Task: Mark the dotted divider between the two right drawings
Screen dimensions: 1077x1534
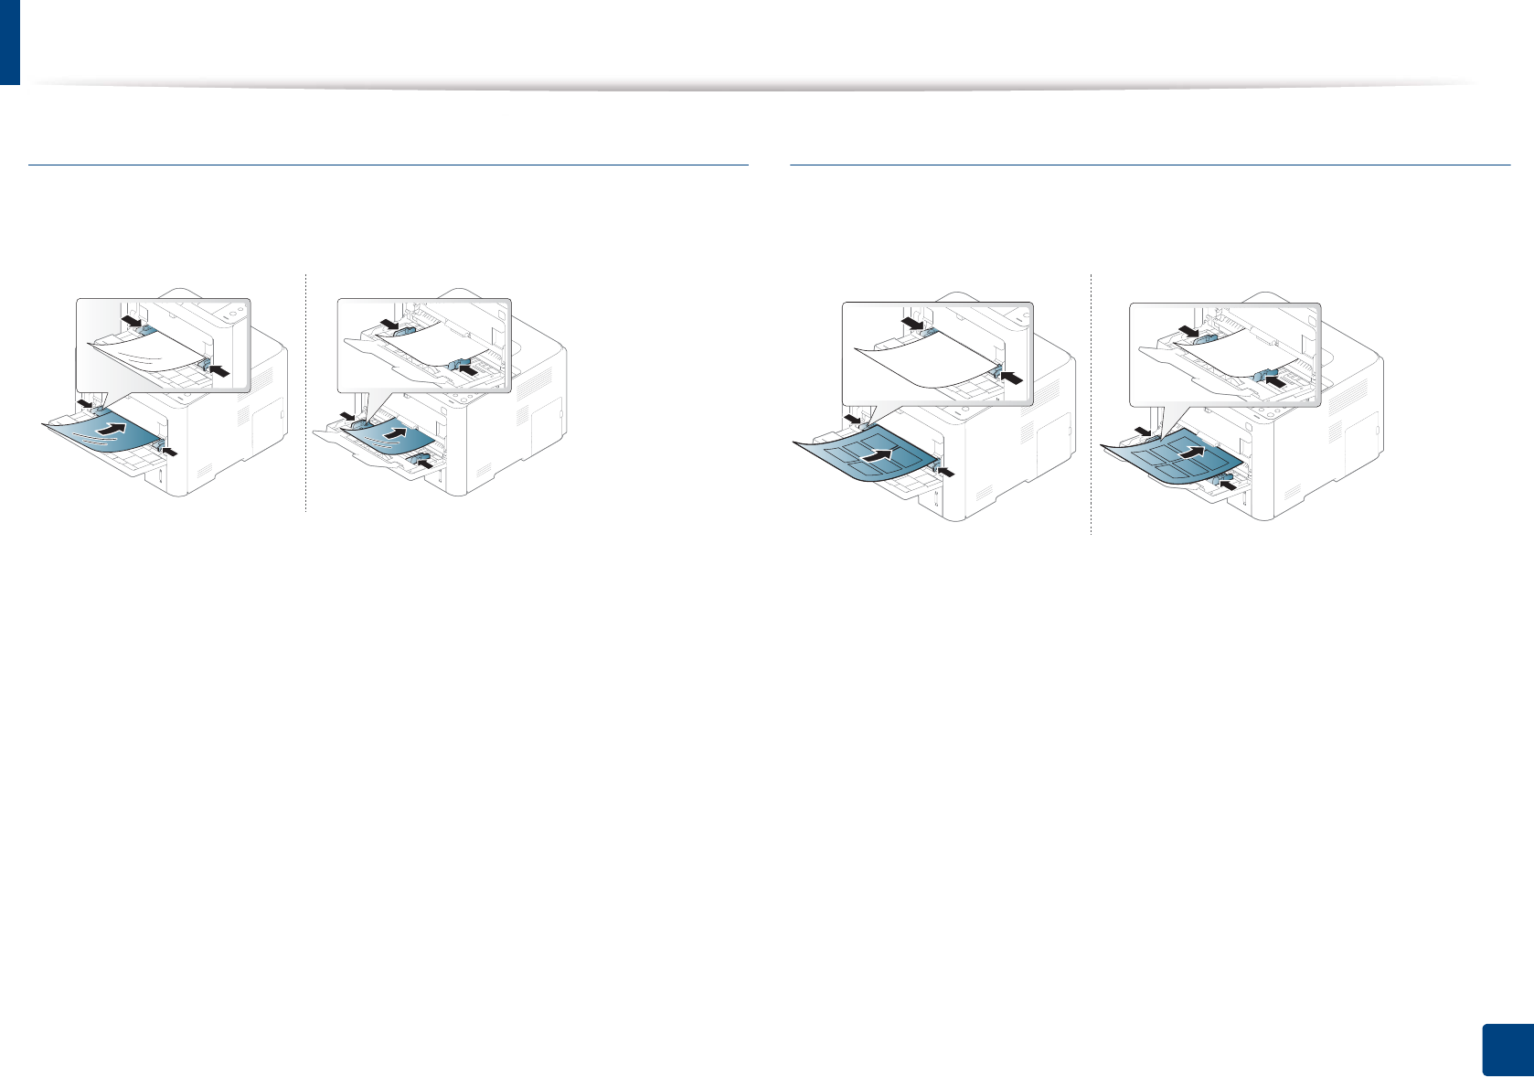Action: (x=1092, y=402)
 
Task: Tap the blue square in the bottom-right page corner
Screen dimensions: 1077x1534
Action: (x=1506, y=1050)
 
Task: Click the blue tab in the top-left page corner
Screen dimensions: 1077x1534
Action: (x=9, y=42)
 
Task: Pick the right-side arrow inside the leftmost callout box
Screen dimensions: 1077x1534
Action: (x=219, y=368)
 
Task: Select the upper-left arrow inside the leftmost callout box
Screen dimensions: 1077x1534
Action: (x=133, y=323)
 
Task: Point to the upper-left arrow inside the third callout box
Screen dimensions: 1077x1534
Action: (x=912, y=325)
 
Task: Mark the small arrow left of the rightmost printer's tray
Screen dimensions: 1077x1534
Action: (x=1143, y=431)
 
